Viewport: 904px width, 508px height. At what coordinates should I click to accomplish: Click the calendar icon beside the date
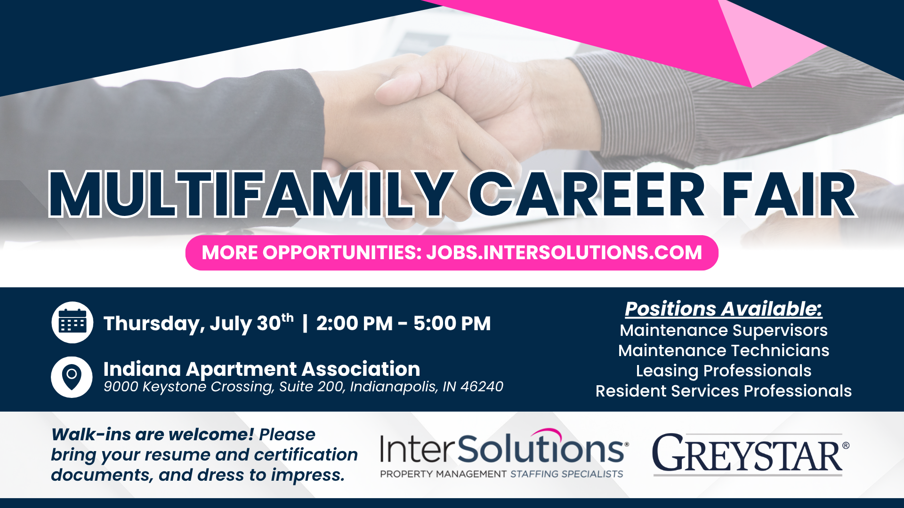point(72,322)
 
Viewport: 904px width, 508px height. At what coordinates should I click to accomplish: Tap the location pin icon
point(72,377)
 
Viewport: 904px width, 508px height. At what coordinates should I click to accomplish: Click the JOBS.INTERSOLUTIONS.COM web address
point(564,253)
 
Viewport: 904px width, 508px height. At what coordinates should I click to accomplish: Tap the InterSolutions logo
point(504,453)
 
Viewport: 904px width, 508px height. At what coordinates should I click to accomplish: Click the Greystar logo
point(751,454)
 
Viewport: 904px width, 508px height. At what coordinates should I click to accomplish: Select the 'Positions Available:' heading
point(724,309)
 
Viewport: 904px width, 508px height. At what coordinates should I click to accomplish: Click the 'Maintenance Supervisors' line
point(724,331)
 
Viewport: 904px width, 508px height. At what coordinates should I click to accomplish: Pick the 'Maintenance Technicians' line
point(724,350)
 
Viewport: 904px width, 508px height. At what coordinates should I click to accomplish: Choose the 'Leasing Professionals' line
point(724,371)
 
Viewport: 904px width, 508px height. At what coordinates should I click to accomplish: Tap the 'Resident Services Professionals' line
point(724,391)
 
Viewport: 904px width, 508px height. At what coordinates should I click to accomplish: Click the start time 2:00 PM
point(355,323)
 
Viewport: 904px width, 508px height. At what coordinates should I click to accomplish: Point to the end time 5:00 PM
point(452,323)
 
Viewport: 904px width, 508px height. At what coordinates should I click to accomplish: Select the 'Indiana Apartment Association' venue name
point(262,369)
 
